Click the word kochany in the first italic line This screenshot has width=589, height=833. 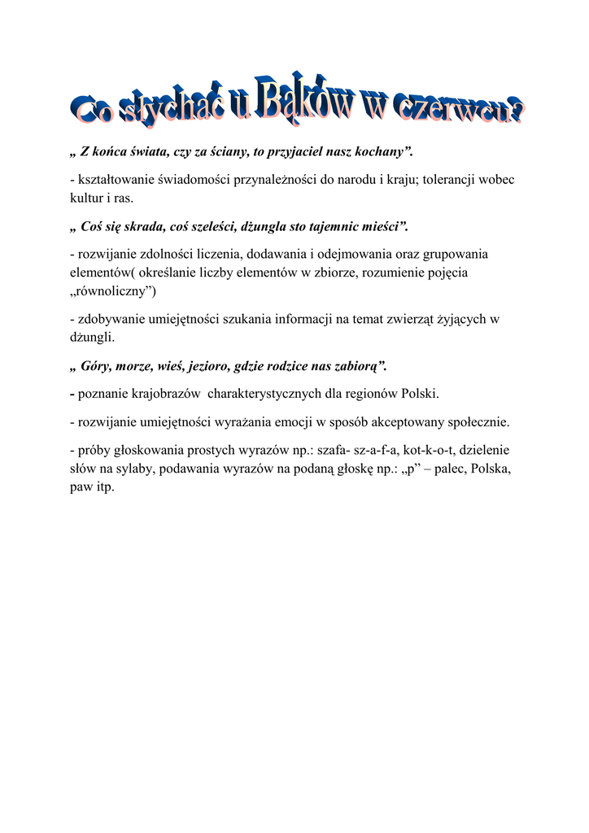pos(382,151)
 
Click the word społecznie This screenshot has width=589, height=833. pos(475,421)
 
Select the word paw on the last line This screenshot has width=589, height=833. pos(82,487)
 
